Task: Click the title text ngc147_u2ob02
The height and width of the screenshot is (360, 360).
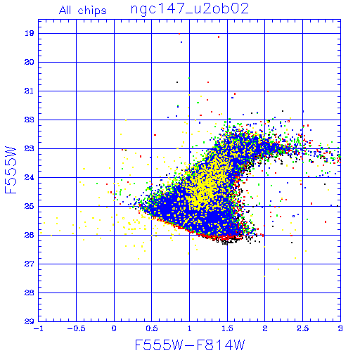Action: tap(190, 9)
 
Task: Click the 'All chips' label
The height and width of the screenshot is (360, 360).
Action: tap(83, 11)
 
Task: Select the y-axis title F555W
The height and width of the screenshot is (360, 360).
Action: tap(11, 170)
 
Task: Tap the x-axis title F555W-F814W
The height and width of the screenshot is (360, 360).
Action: tap(190, 345)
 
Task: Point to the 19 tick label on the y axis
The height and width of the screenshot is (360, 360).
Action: tap(29, 33)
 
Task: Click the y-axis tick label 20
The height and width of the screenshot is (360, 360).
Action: tap(29, 62)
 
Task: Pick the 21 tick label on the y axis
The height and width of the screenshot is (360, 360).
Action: tap(29, 91)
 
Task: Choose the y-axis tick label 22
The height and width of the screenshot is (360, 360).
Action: tap(29, 120)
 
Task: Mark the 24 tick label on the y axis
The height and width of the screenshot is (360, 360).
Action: tap(29, 177)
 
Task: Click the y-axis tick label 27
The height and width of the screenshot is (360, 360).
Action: tap(29, 264)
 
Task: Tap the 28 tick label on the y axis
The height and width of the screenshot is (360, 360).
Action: tap(29, 292)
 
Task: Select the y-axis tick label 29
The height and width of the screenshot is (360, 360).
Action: tap(29, 321)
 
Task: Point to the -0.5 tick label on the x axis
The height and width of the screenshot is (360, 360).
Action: tap(76, 328)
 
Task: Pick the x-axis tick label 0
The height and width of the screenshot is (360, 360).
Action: tap(114, 328)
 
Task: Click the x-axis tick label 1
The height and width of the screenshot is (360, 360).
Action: tap(190, 328)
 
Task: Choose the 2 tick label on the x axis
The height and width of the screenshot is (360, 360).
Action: tap(265, 328)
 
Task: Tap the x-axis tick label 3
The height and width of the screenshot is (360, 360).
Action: tap(340, 328)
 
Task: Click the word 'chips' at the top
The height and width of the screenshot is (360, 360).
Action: tap(92, 11)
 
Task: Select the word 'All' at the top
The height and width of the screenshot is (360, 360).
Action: tap(65, 10)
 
